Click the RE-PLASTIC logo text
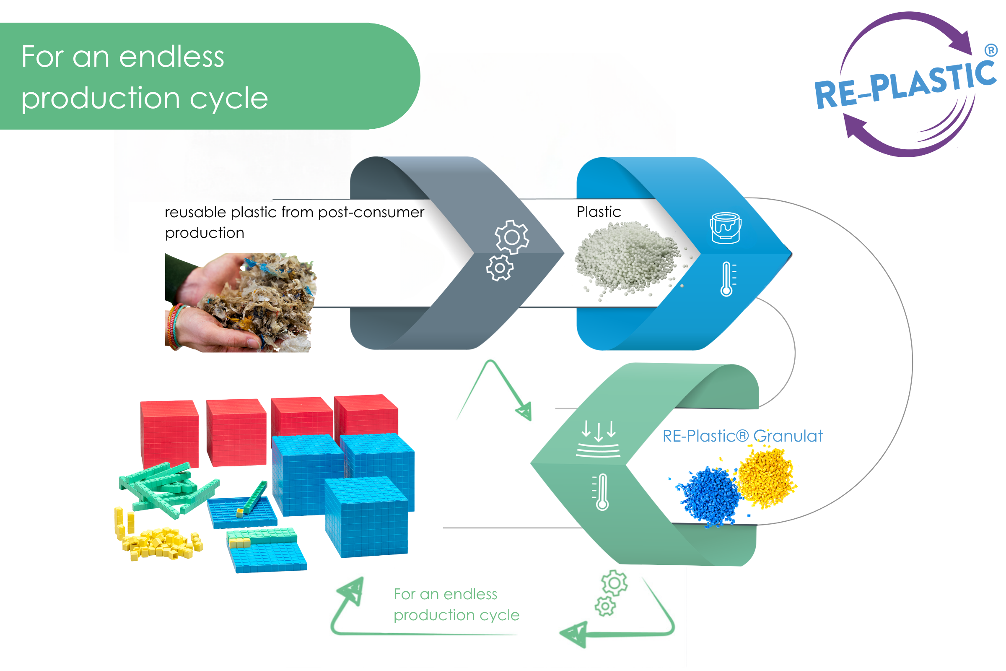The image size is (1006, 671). [905, 84]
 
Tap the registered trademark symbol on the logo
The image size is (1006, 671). [991, 50]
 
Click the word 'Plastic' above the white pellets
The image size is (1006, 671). [599, 212]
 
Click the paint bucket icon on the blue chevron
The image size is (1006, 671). [726, 228]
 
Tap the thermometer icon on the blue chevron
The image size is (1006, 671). [728, 279]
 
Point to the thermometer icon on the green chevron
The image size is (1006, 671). [601, 492]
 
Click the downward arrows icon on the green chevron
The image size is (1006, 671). [599, 439]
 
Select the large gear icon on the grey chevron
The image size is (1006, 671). [512, 237]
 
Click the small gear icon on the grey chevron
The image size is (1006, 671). [500, 268]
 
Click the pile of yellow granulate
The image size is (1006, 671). [766, 477]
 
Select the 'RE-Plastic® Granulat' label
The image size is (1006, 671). [742, 436]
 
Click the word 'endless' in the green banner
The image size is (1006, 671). [171, 57]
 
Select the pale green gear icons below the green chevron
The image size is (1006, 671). [611, 593]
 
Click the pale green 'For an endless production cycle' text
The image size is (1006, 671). [456, 605]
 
